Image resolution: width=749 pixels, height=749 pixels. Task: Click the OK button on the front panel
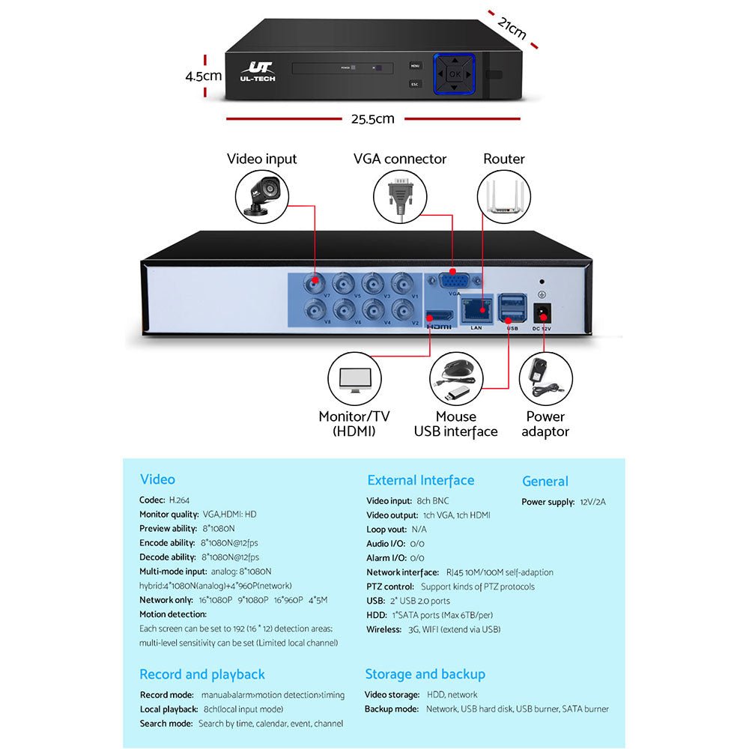[x=455, y=74]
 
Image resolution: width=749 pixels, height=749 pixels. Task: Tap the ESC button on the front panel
[x=415, y=84]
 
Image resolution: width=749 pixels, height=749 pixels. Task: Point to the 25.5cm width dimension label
[x=372, y=118]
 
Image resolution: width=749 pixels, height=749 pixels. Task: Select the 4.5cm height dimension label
[x=204, y=76]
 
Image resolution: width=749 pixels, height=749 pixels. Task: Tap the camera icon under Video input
[x=261, y=194]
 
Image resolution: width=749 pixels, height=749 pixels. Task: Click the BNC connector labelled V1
[x=404, y=283]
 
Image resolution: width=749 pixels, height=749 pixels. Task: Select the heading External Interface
[x=420, y=480]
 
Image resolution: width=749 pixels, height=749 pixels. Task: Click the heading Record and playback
[x=202, y=674]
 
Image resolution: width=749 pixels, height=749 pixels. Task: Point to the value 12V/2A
[x=592, y=502]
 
